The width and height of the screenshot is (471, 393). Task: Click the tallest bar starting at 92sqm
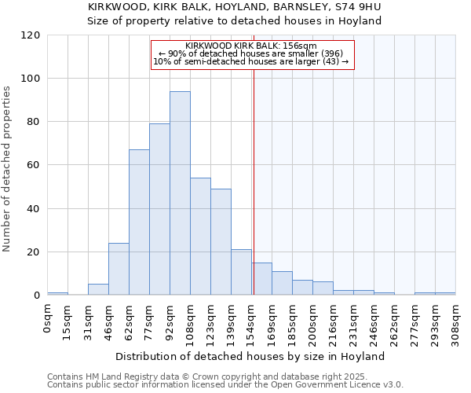180,193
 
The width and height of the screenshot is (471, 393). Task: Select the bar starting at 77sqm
159,209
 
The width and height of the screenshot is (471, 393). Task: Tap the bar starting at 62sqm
139,222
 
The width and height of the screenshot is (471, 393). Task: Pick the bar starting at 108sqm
200,237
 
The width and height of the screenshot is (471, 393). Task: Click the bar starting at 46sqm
119,269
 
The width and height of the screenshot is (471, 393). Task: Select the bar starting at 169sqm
282,283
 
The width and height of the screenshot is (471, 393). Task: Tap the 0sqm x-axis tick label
48,318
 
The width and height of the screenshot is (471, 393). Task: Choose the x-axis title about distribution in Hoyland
250,356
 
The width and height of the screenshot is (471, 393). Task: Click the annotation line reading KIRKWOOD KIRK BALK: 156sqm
252,46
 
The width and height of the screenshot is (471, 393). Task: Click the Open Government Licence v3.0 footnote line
225,384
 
